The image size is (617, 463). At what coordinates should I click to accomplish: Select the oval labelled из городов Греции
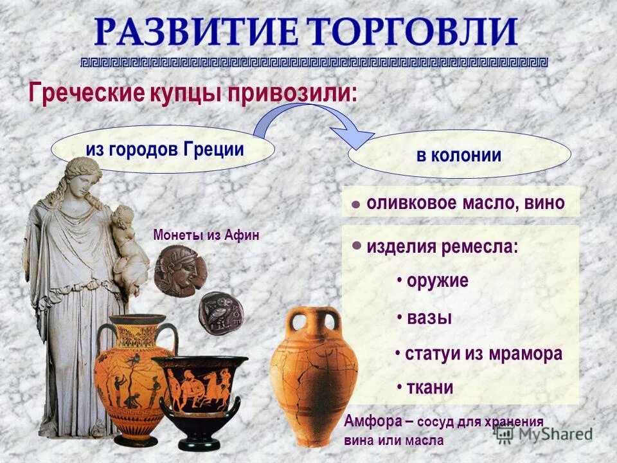coord(164,150)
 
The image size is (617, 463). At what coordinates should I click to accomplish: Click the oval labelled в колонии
coord(459,156)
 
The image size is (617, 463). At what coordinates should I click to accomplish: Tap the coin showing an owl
coord(220,313)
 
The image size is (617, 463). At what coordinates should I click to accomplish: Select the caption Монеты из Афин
coord(206,235)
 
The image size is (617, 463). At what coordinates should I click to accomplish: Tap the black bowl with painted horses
coord(199,392)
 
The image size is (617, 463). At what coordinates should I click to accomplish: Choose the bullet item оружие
coord(437,281)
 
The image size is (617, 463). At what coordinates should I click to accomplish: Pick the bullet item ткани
coord(429,388)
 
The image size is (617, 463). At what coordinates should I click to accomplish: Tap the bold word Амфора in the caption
coord(373,422)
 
